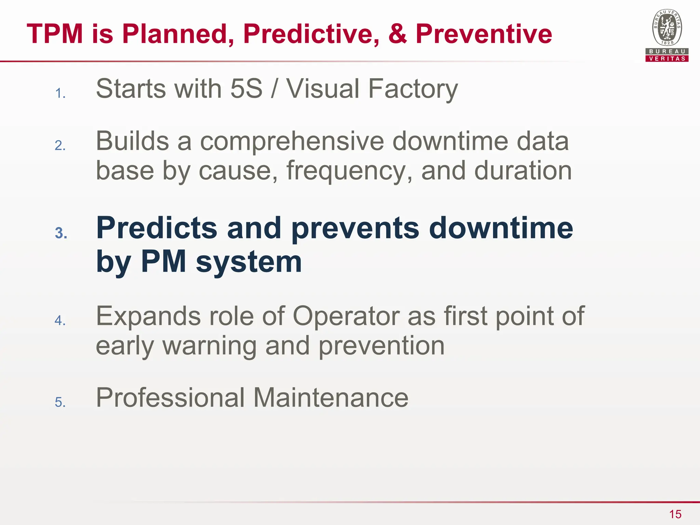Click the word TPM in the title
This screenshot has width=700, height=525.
pyautogui.click(x=55, y=34)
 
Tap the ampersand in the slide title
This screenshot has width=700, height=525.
pyautogui.click(x=397, y=34)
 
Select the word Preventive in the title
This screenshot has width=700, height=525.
pyautogui.click(x=484, y=34)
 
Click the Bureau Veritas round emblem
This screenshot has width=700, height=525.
pyautogui.click(x=667, y=27)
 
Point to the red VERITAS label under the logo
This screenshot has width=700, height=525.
pyautogui.click(x=667, y=58)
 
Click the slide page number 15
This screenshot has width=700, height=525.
pyautogui.click(x=675, y=514)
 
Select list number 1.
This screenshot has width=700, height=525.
pyautogui.click(x=60, y=93)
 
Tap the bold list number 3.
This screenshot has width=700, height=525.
pyautogui.click(x=61, y=233)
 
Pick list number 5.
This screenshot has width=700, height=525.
pyautogui.click(x=60, y=402)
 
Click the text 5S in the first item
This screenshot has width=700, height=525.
pyautogui.click(x=246, y=89)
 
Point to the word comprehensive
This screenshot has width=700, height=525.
pyautogui.click(x=292, y=141)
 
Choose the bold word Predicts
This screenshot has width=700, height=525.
pyautogui.click(x=157, y=228)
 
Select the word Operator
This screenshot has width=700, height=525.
pyautogui.click(x=346, y=316)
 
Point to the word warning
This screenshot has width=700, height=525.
pyautogui.click(x=209, y=346)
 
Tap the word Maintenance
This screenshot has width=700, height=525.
pyautogui.click(x=331, y=398)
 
